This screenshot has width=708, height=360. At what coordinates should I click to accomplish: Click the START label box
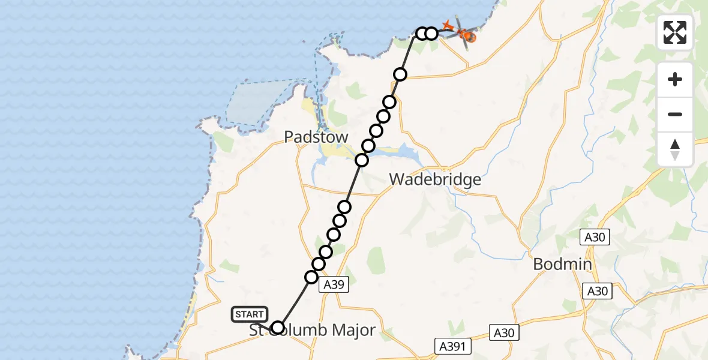(250, 314)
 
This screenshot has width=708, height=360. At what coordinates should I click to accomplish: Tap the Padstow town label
(316, 137)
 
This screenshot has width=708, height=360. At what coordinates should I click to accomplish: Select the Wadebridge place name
(435, 179)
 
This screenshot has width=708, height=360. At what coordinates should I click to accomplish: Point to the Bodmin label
(562, 265)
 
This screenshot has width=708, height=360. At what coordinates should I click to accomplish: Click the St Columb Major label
(313, 330)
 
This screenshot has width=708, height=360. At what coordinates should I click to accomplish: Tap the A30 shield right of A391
(505, 332)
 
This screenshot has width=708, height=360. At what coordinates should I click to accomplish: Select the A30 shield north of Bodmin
(597, 238)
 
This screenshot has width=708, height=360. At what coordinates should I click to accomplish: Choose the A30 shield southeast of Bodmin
(597, 291)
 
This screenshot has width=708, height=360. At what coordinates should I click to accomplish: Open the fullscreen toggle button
(675, 32)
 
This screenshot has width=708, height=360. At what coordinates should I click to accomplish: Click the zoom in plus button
(675, 79)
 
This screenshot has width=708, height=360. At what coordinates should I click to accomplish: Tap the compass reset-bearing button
(675, 149)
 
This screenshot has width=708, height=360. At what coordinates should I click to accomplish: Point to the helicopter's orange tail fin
(447, 26)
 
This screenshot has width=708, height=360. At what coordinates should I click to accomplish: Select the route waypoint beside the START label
(278, 328)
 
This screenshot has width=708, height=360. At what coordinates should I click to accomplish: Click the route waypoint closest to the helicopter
(431, 33)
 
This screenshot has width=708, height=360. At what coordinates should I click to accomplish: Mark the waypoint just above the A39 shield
(311, 277)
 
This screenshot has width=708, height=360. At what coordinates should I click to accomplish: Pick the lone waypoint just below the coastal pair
(400, 74)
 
